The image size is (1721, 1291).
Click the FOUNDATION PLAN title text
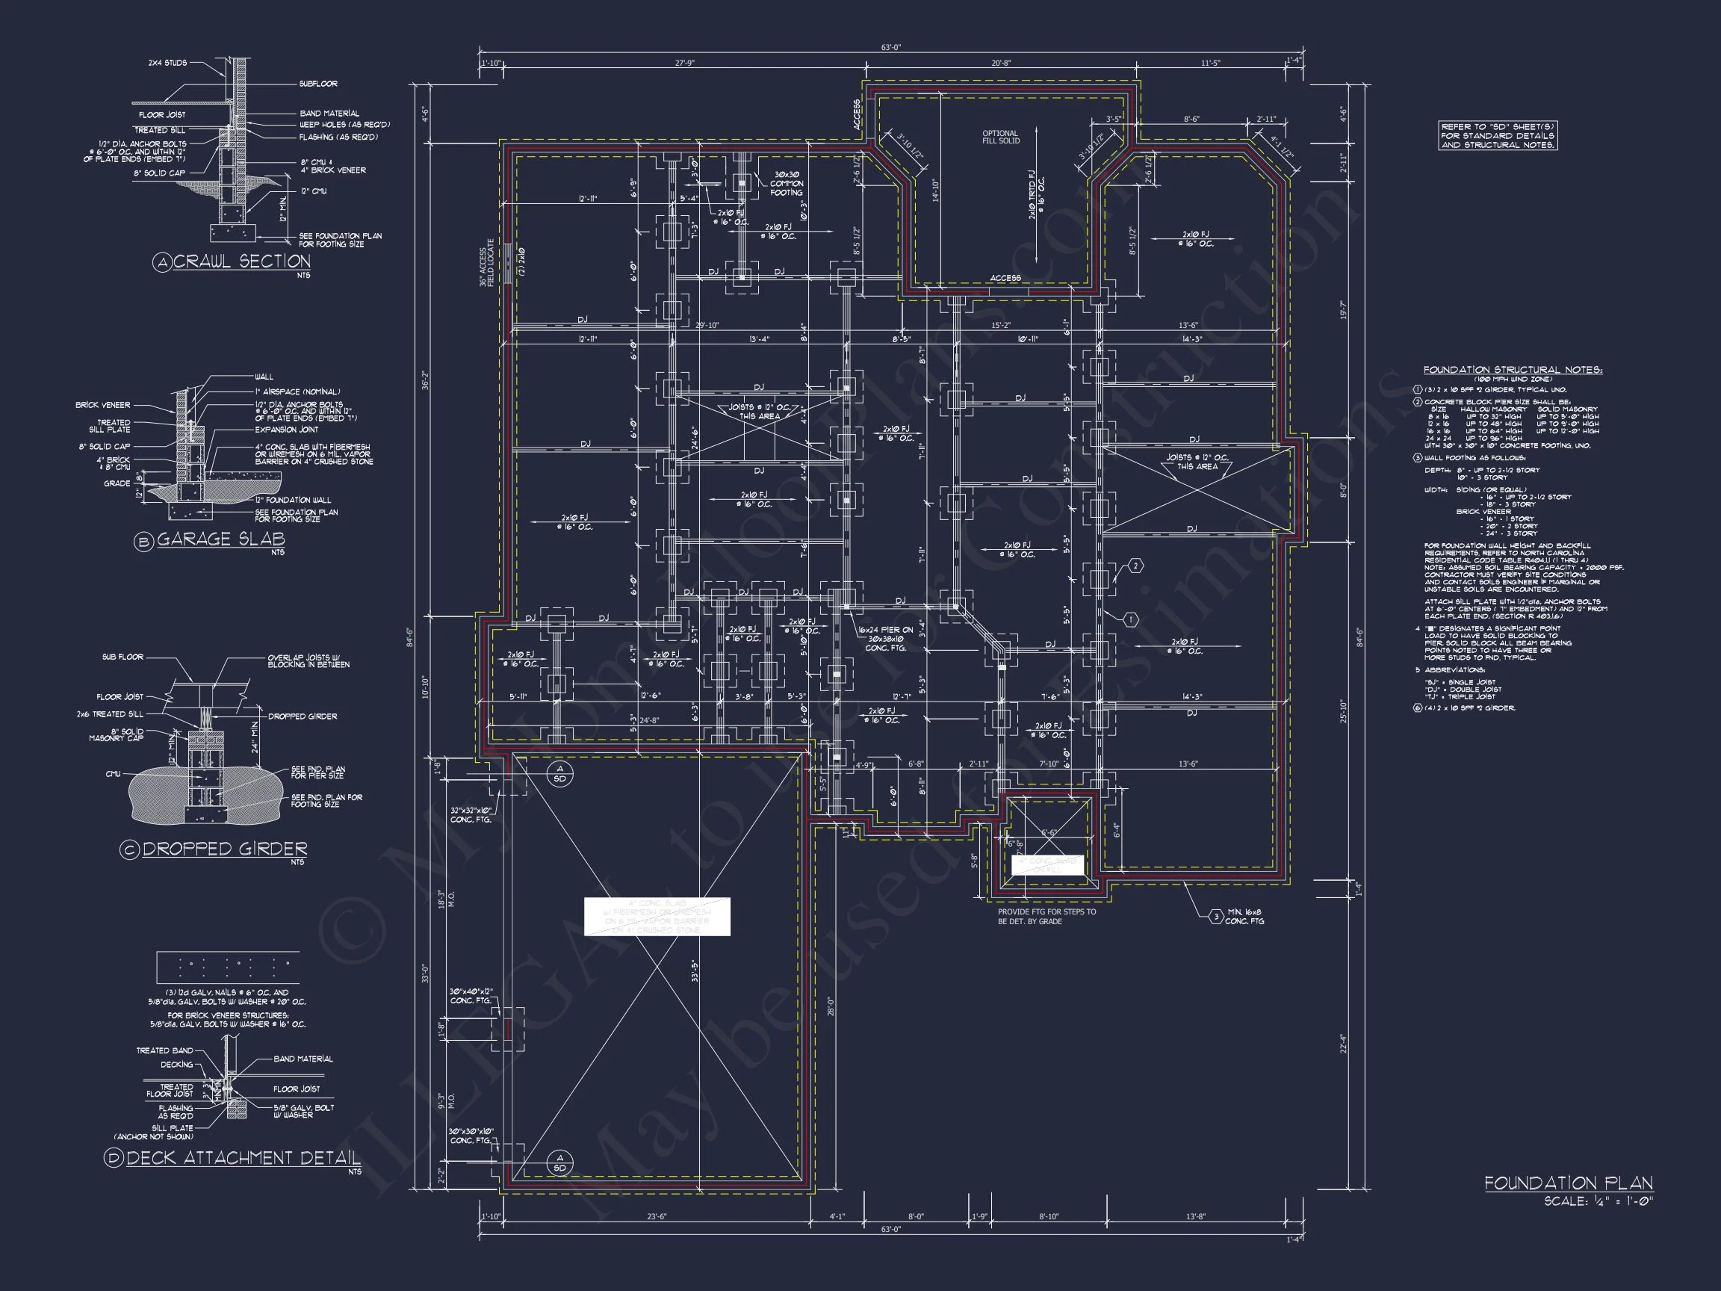point(1568,1183)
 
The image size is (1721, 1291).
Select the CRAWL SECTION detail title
point(241,261)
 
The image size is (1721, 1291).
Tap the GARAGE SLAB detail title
point(221,539)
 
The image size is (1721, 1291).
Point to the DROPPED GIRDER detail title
point(224,849)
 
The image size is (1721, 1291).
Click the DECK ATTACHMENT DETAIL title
point(243,1158)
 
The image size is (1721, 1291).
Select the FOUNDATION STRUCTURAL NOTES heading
point(1513,370)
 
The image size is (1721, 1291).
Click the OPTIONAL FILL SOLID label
point(999,137)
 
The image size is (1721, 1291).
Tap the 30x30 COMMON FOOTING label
point(786,184)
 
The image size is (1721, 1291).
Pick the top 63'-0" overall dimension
point(890,48)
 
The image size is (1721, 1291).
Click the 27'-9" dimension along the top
point(685,63)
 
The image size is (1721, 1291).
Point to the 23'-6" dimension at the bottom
point(657,1216)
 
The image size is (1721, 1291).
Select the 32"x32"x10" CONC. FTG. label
point(471,815)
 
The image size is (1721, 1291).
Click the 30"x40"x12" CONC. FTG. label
point(471,996)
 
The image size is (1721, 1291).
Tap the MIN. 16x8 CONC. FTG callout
point(1244,917)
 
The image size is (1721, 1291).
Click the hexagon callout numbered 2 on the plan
point(1135,566)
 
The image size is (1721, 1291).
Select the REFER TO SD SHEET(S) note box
point(1497,135)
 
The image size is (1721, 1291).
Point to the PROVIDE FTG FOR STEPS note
point(1046,916)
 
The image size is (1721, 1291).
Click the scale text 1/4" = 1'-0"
point(1598,1201)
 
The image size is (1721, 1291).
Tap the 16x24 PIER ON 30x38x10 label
point(885,639)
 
